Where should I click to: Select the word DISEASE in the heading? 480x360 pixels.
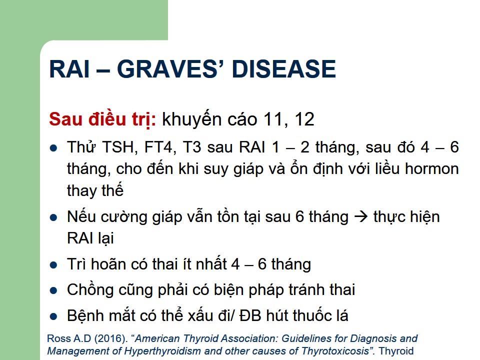(284, 69)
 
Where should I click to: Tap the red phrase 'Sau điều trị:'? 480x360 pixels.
(102, 119)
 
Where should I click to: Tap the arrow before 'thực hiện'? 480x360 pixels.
(361, 216)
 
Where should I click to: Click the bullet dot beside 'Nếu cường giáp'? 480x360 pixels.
(53, 217)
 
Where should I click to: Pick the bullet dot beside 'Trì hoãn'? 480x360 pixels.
(53, 265)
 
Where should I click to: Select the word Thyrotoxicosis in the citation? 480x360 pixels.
(335, 351)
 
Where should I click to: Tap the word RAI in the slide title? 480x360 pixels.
(69, 69)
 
